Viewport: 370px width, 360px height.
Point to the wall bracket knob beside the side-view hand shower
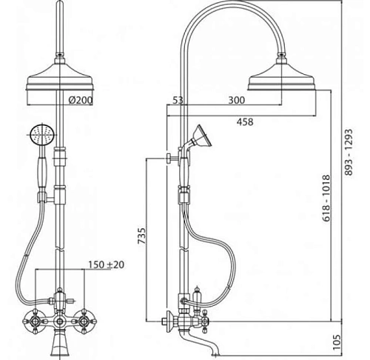[x=169, y=157]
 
